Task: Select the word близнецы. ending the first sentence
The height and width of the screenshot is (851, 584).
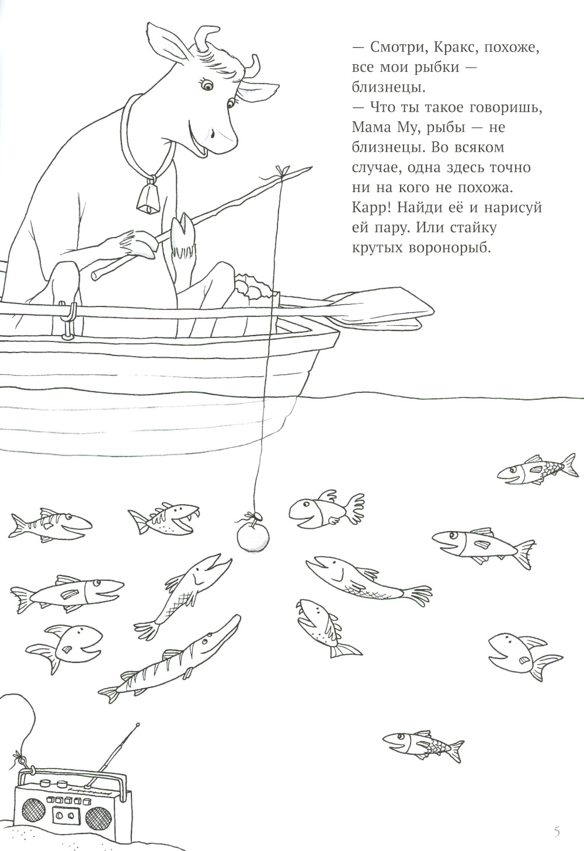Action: coord(388,88)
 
